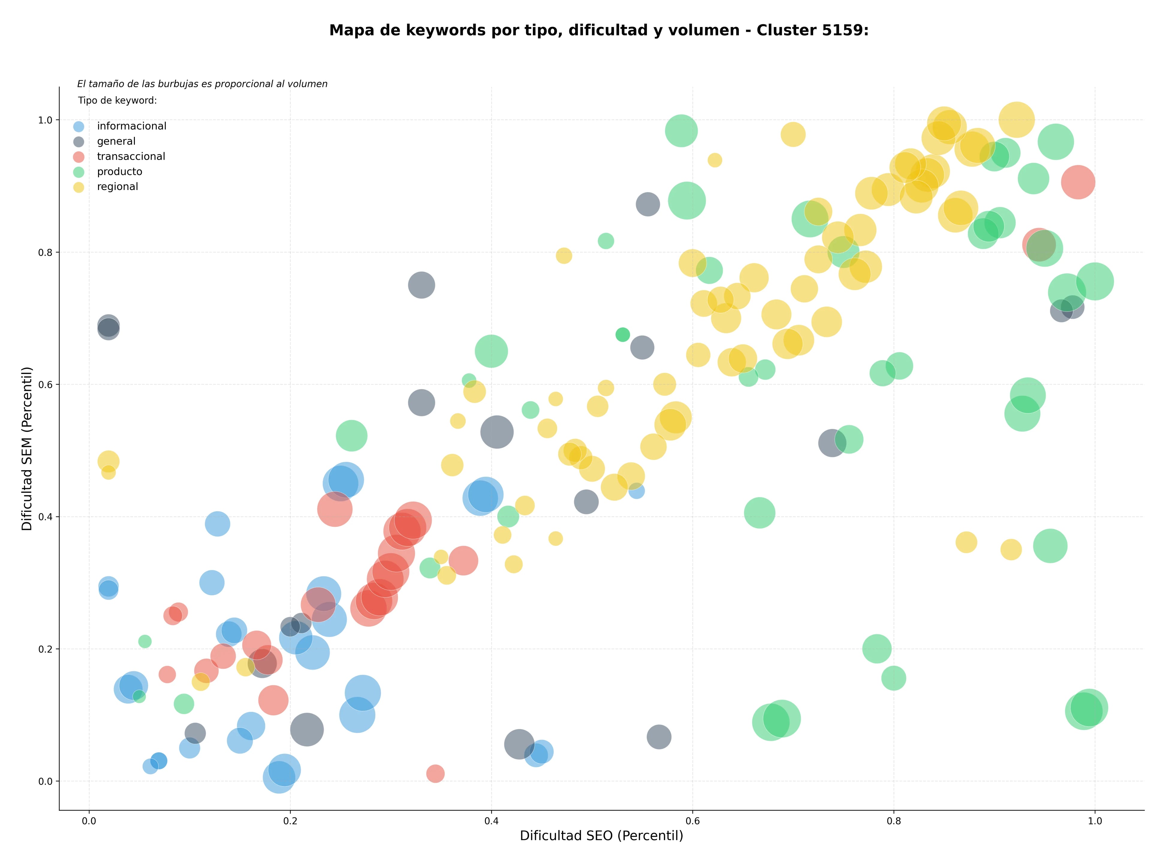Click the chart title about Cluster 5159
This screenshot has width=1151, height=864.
point(599,31)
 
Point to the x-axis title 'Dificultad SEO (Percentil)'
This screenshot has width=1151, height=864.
point(602,836)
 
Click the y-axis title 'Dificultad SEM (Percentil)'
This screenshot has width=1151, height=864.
point(27,448)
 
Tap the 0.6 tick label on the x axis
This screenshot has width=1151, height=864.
point(693,821)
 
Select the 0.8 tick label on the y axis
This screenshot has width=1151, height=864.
point(46,252)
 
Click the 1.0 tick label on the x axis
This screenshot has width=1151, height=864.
point(1095,821)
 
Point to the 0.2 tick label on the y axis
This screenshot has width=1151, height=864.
point(46,649)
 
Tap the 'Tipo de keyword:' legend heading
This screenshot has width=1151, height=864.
point(117,100)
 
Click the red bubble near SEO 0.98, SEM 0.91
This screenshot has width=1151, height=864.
point(1078,182)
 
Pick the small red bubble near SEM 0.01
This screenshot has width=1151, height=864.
point(436,773)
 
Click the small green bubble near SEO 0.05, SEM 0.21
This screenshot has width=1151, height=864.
point(145,641)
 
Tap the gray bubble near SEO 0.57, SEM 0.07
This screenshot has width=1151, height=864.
point(659,737)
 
